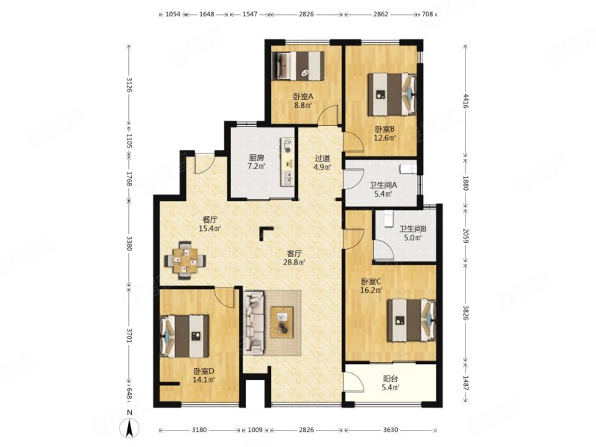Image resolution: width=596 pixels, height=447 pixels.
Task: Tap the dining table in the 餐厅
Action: click(x=185, y=260)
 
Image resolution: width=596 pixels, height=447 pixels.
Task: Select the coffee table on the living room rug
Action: click(x=282, y=323)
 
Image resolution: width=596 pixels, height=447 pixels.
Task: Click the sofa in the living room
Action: click(x=254, y=323)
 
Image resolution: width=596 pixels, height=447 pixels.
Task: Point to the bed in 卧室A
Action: click(x=298, y=66)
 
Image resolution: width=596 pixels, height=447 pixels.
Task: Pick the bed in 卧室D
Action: click(x=185, y=336)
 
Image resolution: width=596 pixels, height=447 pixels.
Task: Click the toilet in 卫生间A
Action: click(x=408, y=168)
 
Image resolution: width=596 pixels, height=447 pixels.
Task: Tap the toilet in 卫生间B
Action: click(x=388, y=219)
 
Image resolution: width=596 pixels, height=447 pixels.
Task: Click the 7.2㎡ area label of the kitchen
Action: click(x=256, y=166)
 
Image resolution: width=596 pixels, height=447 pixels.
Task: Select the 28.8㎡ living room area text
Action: click(x=294, y=262)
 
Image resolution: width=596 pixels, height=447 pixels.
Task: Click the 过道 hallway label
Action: click(x=323, y=158)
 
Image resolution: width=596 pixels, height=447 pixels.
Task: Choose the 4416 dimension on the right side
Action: click(x=466, y=101)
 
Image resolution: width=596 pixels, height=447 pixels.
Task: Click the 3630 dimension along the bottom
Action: click(x=390, y=430)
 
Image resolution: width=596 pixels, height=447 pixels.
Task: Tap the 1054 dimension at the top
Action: click(x=172, y=14)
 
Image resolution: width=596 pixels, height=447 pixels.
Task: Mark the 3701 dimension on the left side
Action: click(x=129, y=336)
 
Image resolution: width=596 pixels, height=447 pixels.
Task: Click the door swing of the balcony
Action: click(x=353, y=381)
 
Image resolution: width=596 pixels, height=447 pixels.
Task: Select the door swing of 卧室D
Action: click(x=225, y=297)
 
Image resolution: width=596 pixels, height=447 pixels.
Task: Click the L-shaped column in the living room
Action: click(x=265, y=232)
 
